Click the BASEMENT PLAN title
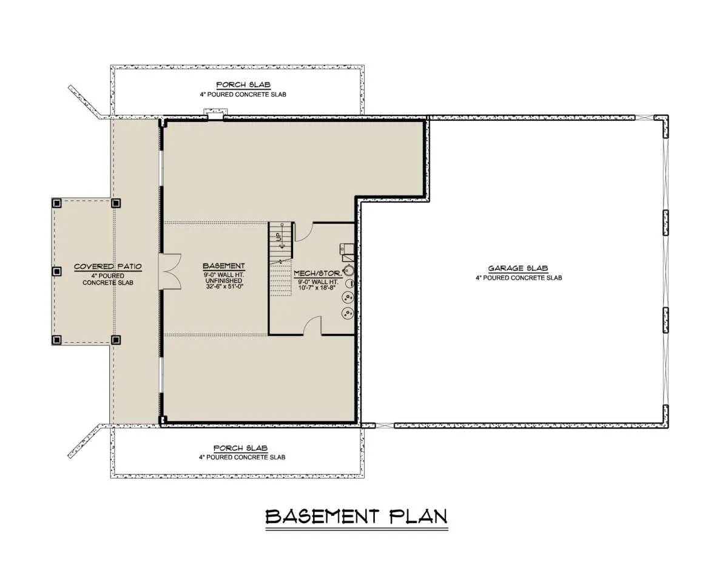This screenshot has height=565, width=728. (357, 516)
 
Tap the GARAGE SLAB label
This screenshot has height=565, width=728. (518, 268)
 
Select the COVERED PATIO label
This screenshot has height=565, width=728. (108, 267)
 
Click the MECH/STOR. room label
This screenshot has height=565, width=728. (318, 274)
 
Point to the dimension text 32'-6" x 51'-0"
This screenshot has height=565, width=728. (224, 286)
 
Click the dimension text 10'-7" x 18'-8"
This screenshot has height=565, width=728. (317, 288)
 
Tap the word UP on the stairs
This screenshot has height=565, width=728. (278, 237)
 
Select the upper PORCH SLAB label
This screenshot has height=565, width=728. (243, 85)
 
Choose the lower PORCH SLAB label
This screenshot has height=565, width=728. (241, 448)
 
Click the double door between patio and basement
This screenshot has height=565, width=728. (170, 271)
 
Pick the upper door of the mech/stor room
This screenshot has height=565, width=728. (303, 232)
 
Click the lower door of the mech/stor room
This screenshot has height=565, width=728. (312, 325)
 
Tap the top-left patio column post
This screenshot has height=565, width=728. (56, 203)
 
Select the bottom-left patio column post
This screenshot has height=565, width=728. (56, 340)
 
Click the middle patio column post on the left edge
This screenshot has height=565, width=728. (56, 271)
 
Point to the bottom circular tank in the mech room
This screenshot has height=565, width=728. (348, 313)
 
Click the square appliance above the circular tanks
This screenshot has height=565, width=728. (347, 249)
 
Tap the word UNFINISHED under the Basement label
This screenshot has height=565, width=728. (224, 281)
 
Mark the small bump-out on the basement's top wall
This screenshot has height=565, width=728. (216, 114)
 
